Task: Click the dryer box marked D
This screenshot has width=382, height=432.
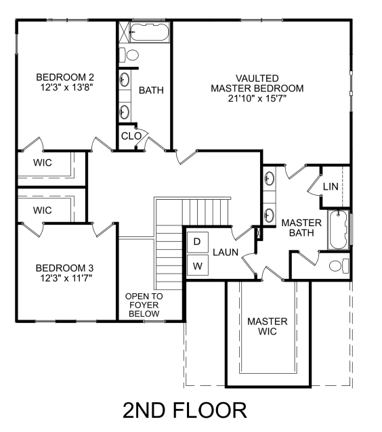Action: tap(198, 242)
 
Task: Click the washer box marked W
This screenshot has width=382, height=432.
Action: tap(198, 265)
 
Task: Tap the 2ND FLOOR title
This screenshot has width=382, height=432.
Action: tap(185, 410)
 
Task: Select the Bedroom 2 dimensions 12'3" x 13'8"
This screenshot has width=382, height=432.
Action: tap(66, 87)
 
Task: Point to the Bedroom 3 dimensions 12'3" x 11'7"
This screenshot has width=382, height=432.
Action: tap(66, 278)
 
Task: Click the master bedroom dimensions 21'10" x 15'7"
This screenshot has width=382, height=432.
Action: tap(257, 98)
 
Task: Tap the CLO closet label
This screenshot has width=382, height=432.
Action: tap(131, 136)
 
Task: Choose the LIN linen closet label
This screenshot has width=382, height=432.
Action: tap(331, 186)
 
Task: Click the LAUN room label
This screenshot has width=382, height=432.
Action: tap(226, 252)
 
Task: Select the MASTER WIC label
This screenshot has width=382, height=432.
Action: tap(268, 326)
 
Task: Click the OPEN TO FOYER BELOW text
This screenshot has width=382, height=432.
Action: tap(144, 305)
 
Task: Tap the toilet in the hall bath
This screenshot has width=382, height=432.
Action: tap(129, 55)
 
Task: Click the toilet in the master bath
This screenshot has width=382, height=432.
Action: tap(339, 266)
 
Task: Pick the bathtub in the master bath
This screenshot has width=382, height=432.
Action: tap(339, 230)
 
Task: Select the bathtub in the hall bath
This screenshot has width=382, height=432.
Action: tap(150, 33)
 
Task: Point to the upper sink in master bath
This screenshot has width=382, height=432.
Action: tap(269, 178)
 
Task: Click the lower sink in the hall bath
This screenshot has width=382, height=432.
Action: tap(125, 112)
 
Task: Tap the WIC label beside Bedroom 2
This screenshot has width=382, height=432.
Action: tap(43, 163)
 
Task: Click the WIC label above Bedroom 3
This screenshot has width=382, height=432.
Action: tap(43, 210)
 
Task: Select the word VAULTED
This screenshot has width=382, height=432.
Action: tap(257, 79)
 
